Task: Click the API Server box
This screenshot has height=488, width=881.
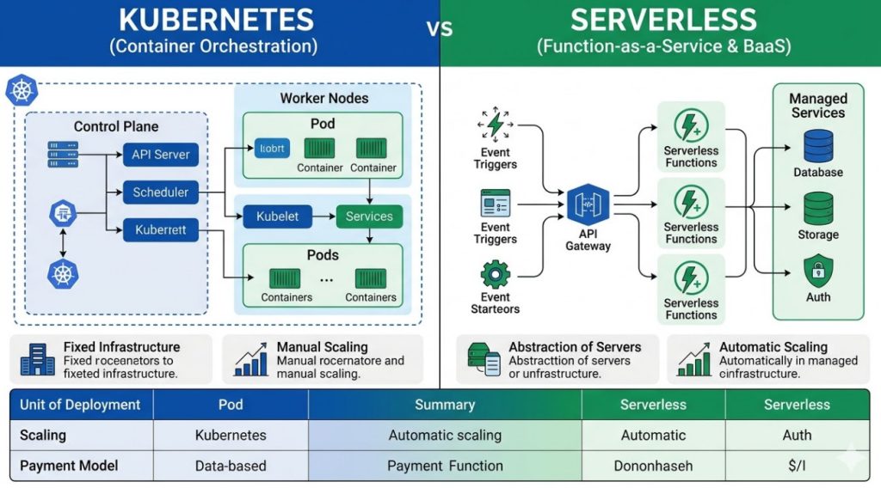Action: [160, 156]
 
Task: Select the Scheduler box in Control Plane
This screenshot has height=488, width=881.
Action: [160, 192]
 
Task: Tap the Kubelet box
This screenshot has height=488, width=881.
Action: [277, 217]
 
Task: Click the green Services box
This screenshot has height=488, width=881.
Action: [369, 217]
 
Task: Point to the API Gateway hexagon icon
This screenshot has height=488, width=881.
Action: [588, 206]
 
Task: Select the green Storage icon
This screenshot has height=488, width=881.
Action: [817, 208]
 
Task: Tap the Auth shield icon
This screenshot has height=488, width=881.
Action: [817, 271]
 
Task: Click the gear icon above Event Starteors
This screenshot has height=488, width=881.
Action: [495, 275]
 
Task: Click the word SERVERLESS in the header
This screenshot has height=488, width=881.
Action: [663, 20]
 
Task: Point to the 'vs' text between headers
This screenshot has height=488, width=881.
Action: [440, 28]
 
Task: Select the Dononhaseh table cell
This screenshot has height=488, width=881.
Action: [653, 466]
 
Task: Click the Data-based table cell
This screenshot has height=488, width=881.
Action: [230, 466]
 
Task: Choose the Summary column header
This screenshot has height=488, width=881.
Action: [445, 404]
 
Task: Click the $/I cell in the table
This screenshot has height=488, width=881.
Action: [797, 466]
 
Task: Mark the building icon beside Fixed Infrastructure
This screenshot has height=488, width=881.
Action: [35, 359]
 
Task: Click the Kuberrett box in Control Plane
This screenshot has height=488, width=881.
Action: [160, 229]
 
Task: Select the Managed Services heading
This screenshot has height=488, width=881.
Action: [817, 106]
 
